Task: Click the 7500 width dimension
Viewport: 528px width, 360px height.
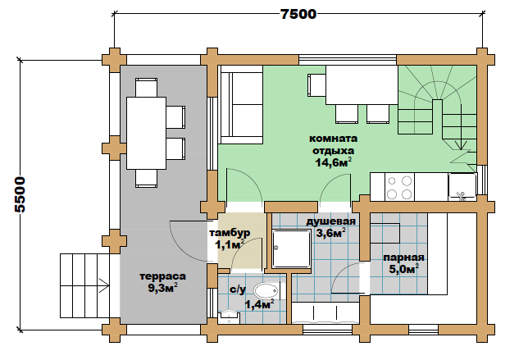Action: tap(298, 14)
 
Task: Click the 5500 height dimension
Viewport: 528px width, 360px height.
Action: tap(20, 194)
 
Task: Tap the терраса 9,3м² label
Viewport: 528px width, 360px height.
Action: tap(162, 282)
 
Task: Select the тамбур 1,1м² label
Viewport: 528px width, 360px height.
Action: tap(230, 239)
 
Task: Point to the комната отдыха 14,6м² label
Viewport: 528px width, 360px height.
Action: tap(334, 151)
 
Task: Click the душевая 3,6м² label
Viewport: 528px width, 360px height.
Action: tap(330, 227)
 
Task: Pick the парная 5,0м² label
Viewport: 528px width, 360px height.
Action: tap(403, 263)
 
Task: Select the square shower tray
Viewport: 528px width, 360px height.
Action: tap(291, 248)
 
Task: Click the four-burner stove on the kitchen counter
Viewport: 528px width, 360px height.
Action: tap(399, 187)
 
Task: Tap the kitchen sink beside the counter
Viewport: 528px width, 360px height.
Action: tap(462, 187)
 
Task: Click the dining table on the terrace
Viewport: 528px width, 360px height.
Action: tap(146, 133)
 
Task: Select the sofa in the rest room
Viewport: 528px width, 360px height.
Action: tap(241, 105)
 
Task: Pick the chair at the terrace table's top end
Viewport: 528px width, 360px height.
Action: tap(146, 88)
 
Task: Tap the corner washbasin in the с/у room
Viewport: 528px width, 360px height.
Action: tap(230, 317)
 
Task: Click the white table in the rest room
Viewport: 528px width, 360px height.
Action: tap(362, 84)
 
